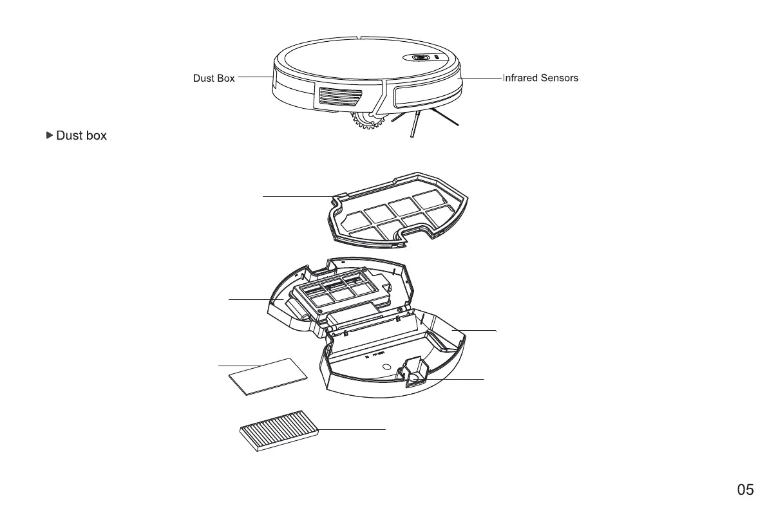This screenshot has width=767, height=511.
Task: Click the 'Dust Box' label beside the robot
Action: [x=214, y=78]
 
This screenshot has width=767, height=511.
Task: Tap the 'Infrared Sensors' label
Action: [x=540, y=78]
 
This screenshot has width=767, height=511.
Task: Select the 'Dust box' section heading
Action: [x=82, y=136]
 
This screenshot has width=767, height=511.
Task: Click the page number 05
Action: [x=745, y=490]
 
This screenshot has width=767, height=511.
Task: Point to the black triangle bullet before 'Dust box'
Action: [x=50, y=135]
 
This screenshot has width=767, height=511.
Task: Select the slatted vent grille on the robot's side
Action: [x=339, y=98]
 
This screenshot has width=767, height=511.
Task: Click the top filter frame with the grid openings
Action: [x=401, y=213]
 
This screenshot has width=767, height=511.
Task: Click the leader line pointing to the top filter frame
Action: [x=296, y=196]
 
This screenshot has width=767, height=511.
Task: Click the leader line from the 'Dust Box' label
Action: [x=255, y=77]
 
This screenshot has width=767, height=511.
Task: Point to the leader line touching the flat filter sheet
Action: [x=240, y=366]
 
